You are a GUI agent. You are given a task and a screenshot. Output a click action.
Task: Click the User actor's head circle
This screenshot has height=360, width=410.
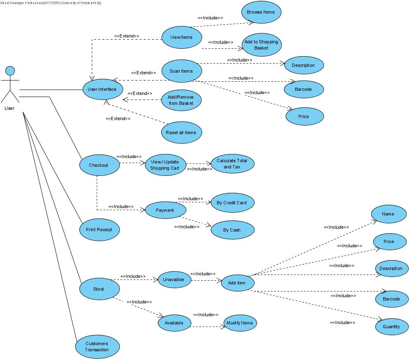click(10, 70)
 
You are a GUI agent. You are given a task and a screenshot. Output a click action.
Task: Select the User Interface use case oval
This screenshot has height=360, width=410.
click(99, 89)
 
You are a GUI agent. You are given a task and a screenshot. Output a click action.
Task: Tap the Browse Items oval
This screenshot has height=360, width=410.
click(261, 12)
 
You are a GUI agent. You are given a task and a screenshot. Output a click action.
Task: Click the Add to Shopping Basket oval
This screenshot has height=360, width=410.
click(261, 45)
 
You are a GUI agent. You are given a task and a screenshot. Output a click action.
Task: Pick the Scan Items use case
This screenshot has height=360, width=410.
click(181, 71)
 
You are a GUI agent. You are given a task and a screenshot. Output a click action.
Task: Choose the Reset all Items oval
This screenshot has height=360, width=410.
click(181, 133)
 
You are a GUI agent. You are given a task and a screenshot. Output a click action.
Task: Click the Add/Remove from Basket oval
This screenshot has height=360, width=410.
click(181, 100)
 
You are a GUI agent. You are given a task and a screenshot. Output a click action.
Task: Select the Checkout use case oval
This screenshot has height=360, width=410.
click(98, 165)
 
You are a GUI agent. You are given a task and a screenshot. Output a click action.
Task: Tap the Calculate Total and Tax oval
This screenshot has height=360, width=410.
click(232, 164)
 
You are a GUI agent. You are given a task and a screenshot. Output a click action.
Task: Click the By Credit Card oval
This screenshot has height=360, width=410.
click(232, 203)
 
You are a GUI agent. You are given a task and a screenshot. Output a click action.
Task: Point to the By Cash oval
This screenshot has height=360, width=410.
click(232, 230)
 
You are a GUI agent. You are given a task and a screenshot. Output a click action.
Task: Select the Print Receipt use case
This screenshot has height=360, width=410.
click(99, 230)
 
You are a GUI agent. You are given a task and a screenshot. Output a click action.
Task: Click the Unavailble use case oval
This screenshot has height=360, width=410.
click(174, 279)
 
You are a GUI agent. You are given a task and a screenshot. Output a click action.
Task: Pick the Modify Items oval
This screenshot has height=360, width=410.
click(239, 323)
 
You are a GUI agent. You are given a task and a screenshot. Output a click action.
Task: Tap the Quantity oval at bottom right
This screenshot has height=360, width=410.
click(391, 327)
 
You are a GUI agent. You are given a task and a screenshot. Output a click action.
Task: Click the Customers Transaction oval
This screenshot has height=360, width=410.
click(97, 347)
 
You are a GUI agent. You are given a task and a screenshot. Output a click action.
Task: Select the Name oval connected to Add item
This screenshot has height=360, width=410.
click(388, 214)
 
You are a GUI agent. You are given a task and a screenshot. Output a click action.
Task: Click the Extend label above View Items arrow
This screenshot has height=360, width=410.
click(126, 36)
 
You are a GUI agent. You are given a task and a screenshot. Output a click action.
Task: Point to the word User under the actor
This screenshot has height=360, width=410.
click(10, 108)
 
